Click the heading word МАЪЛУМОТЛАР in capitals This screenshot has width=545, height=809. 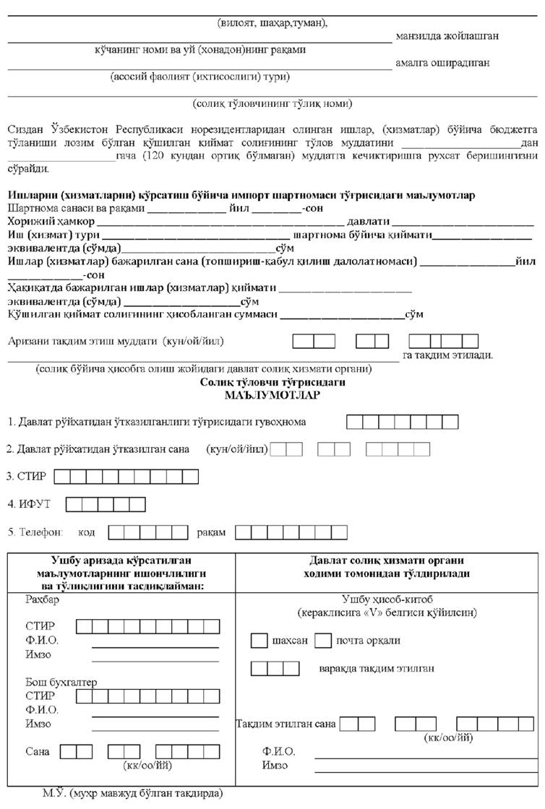pyautogui.click(x=272, y=396)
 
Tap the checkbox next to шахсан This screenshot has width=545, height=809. pyautogui.click(x=258, y=641)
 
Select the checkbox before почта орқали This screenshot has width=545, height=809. pyautogui.click(x=323, y=641)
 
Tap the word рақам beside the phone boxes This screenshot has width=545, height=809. pyautogui.click(x=211, y=532)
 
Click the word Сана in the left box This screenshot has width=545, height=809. pyautogui.click(x=37, y=751)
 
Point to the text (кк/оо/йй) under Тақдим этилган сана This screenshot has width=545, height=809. pyautogui.click(x=450, y=737)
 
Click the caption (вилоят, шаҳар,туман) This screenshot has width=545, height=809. pyautogui.click(x=272, y=22)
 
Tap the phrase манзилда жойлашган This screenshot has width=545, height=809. pyautogui.click(x=447, y=35)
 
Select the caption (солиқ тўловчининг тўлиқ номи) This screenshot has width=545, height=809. pyautogui.click(x=272, y=103)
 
